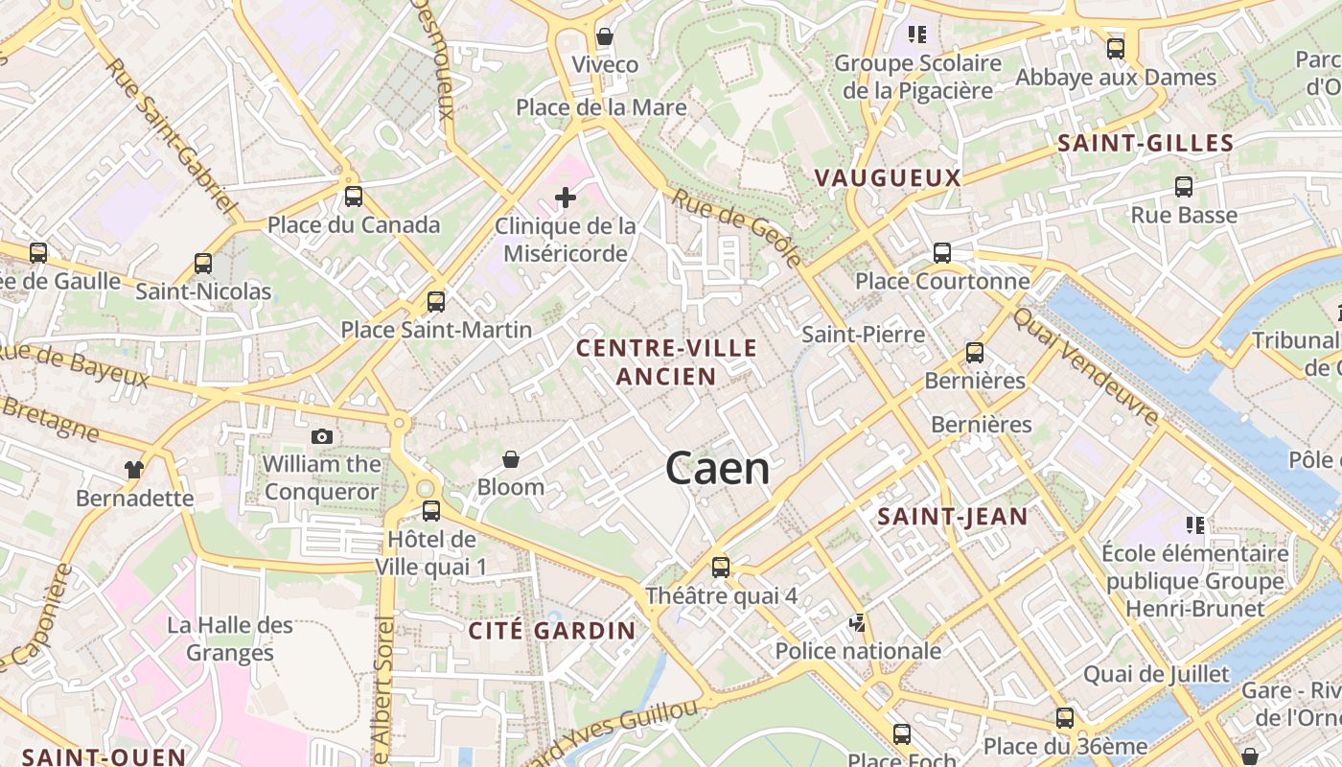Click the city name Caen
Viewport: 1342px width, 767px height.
click(717, 469)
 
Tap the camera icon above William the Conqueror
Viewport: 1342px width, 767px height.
click(322, 437)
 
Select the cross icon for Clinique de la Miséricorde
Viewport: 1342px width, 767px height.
click(566, 198)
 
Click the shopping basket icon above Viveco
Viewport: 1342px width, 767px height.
click(605, 36)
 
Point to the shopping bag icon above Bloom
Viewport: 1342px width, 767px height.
click(511, 460)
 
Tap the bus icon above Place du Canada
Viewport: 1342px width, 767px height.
click(354, 197)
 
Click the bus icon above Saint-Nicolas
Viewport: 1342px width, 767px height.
click(203, 263)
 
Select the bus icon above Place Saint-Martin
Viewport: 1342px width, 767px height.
click(436, 302)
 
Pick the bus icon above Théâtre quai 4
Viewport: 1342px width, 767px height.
click(721, 567)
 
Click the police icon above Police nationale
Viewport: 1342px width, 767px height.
click(858, 623)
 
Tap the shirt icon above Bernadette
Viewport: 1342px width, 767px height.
click(133, 470)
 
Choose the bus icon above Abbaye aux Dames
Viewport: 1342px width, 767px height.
click(1116, 49)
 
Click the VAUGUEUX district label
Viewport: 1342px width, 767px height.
click(887, 177)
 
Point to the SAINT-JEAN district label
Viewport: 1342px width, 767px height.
click(953, 517)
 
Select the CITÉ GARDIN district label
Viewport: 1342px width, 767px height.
click(551, 630)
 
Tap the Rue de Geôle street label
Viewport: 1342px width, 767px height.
click(736, 226)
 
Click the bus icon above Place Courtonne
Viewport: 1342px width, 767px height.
click(942, 253)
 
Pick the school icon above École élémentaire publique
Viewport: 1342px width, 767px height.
click(1195, 524)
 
